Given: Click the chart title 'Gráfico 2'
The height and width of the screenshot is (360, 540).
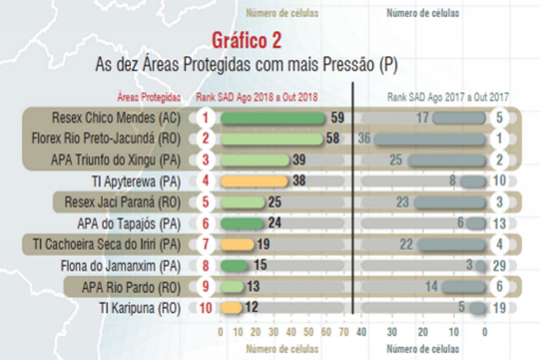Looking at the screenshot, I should coord(246,40).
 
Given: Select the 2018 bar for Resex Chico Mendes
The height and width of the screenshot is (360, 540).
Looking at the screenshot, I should coord(273,118).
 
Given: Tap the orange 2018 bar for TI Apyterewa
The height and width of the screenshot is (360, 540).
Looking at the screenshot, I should coord(254,181).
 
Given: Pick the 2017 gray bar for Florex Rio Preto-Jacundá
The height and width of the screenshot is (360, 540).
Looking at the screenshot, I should coord(430,139).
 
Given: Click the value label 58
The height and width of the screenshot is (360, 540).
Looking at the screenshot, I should coord(333,139).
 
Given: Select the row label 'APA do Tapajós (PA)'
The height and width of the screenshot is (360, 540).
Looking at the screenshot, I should coord(129,223).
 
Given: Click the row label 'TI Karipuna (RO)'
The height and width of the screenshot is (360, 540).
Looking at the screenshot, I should coord(140,308).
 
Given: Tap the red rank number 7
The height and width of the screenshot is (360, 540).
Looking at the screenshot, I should coord(206,245).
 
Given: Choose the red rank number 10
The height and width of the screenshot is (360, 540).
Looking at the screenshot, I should coord(206,308).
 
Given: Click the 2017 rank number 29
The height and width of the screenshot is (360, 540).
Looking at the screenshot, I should coord(499,266).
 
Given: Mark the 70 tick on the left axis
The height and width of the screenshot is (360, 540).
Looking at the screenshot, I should coord(344,332).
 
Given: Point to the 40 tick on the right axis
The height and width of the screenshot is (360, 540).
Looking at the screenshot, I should coord(361,332).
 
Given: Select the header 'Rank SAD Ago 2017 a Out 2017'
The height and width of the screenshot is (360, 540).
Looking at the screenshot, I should coord(448,98).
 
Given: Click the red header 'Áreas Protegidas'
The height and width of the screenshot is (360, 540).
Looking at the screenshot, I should coord(149,98).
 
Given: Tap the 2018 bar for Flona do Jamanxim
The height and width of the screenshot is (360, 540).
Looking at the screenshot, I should coord(234,266).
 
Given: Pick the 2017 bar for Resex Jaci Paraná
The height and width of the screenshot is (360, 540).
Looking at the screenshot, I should coord(450,202).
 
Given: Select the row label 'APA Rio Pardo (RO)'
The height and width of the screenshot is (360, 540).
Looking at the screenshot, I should coord(131,287).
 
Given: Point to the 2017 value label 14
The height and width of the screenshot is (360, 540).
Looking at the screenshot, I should coord(432,287).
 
